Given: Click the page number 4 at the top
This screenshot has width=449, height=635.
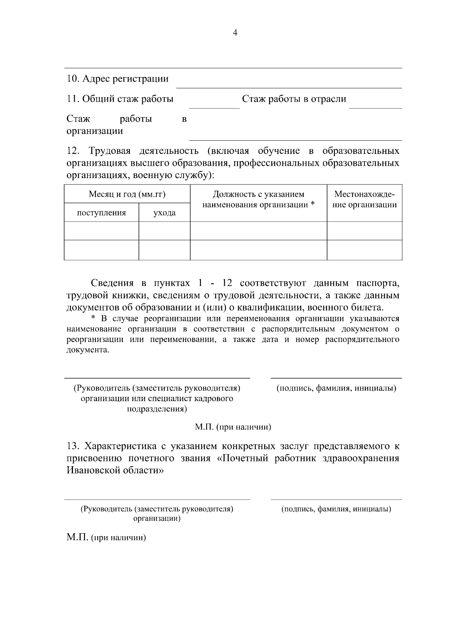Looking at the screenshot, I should click(235, 33).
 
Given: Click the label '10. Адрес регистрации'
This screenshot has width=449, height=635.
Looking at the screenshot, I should click(117, 79).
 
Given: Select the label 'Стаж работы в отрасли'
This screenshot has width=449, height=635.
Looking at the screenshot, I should click(294, 99).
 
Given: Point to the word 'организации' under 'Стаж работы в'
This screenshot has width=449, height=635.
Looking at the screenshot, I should click(95, 131).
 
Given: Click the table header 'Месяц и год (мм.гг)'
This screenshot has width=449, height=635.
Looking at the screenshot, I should click(127, 194).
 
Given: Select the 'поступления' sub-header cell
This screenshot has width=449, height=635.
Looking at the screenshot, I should click(101, 213).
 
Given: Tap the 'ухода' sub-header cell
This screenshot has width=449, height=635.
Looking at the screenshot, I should click(164, 213).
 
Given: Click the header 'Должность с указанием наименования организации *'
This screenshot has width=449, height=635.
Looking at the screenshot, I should click(258, 199).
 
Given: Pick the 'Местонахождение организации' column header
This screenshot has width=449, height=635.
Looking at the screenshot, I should click(364, 199).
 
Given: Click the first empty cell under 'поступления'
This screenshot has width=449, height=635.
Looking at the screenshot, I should click(101, 231).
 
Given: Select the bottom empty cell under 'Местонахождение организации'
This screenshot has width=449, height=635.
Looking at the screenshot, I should click(364, 250).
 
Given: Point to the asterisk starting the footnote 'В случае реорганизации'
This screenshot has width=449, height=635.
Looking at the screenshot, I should click(94, 318).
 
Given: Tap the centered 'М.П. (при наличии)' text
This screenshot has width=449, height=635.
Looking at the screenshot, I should click(233, 427).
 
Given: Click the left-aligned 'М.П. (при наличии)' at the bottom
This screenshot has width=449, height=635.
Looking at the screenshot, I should click(106, 538).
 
